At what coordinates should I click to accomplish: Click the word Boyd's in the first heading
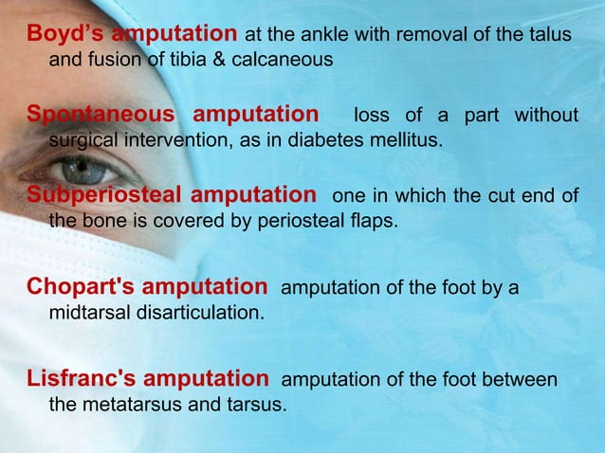(65, 34)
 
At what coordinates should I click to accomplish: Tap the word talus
(552, 35)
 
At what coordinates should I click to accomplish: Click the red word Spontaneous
(101, 116)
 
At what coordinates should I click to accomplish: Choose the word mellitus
(404, 141)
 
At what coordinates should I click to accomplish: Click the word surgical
(82, 141)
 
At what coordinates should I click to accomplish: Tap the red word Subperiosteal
(104, 196)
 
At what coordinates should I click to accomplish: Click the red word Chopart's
(86, 286)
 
